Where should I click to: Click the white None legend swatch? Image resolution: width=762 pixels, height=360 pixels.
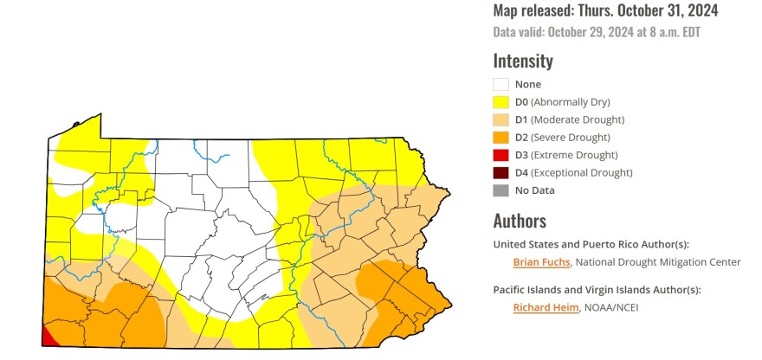[500, 85]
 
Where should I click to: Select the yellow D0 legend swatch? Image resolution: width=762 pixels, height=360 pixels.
[500, 102]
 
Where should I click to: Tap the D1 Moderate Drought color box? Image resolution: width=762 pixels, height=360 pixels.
[500, 119]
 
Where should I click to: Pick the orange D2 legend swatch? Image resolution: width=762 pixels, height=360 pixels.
[500, 138]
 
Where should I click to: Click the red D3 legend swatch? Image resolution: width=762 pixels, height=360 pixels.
[500, 155]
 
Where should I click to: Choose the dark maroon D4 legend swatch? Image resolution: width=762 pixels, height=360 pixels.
[500, 173]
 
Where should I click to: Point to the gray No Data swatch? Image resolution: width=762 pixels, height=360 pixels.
[500, 190]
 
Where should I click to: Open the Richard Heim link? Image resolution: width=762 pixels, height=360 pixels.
[544, 307]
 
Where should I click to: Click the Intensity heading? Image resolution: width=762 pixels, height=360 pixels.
[523, 61]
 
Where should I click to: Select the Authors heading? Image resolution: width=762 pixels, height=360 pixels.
[520, 221]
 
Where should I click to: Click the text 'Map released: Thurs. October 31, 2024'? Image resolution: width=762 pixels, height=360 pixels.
[605, 11]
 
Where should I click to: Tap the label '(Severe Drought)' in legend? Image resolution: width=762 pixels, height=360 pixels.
[571, 138]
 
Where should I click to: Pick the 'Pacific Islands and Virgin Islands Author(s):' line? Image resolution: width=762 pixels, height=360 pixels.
[597, 290]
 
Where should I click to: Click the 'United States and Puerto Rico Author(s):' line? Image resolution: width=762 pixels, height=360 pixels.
[591, 244]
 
